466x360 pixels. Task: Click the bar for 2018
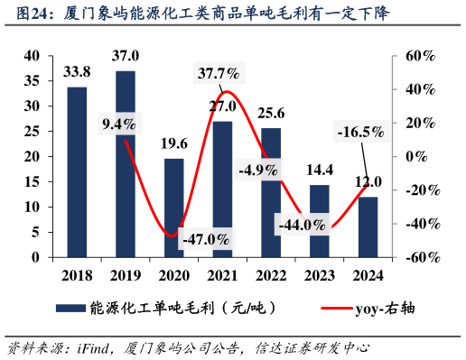(77, 171)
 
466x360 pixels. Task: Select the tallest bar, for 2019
(126, 163)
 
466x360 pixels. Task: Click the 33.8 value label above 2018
(77, 71)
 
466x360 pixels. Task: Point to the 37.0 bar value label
(126, 56)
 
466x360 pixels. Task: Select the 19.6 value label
(173, 143)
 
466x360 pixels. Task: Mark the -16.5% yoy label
(359, 134)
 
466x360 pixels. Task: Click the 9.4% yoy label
(119, 124)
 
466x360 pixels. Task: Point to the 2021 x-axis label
(222, 275)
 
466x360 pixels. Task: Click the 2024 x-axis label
(368, 275)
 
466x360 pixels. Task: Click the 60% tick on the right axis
(419, 56)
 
